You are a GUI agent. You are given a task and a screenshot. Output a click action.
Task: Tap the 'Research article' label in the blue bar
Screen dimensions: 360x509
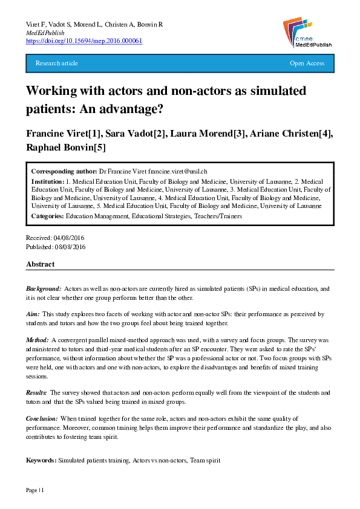pyautogui.click(x=57, y=63)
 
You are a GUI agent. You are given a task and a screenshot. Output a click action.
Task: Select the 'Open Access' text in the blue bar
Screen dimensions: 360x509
pyautogui.click(x=307, y=63)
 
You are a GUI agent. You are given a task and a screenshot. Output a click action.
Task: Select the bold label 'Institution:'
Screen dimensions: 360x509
pyautogui.click(x=48, y=181)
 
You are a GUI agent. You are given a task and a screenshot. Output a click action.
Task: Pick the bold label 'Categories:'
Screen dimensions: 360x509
pyautogui.click(x=48, y=216)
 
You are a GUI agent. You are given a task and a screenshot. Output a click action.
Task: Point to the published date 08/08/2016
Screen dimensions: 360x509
pyautogui.click(x=70, y=247)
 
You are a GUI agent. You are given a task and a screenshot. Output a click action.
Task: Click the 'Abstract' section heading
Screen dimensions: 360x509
pyautogui.click(x=40, y=264)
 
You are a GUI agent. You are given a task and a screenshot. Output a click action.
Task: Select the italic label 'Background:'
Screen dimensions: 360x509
pyautogui.click(x=44, y=289)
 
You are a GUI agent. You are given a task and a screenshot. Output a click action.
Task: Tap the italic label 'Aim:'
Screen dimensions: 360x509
pyautogui.click(x=33, y=314)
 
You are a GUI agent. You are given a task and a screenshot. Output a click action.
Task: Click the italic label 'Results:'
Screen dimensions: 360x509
pyautogui.click(x=37, y=392)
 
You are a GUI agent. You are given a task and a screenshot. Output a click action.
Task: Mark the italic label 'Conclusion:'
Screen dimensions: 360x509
pyautogui.click(x=42, y=418)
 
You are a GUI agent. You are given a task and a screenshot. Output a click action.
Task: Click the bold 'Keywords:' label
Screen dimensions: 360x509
pyautogui.click(x=41, y=461)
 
